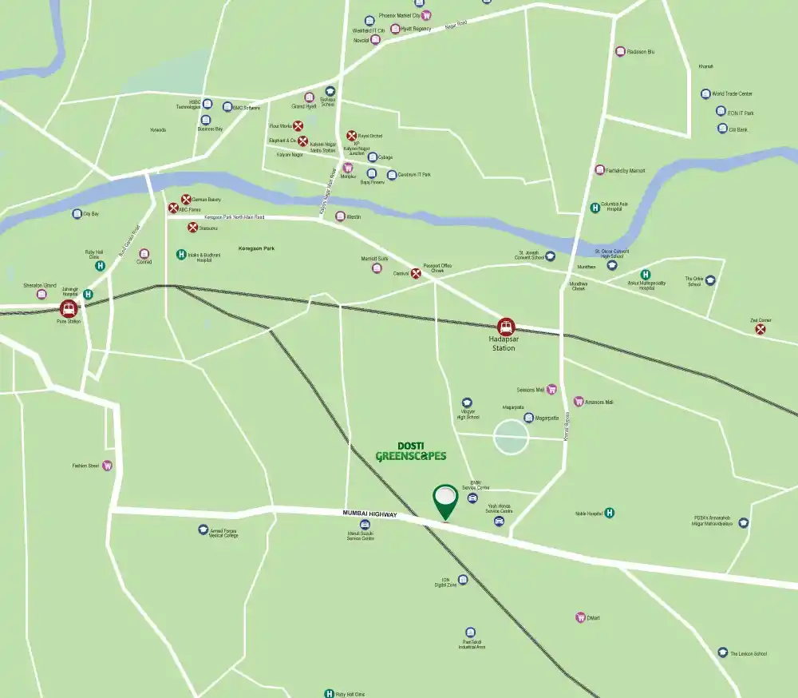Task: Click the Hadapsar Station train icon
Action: click(x=505, y=327)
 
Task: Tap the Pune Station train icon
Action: click(x=69, y=308)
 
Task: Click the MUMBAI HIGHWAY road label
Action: click(x=369, y=514)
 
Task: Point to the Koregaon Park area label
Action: click(x=256, y=249)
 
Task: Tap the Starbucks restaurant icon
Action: click(x=192, y=228)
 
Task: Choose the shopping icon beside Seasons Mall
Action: click(x=551, y=390)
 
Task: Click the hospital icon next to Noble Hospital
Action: click(x=610, y=513)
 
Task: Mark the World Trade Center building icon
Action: click(x=705, y=94)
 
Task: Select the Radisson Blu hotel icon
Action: click(x=620, y=52)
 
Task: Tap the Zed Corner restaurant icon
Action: click(x=760, y=327)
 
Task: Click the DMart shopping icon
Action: click(x=580, y=617)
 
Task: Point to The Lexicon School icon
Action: click(x=722, y=652)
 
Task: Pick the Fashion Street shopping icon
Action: click(x=107, y=466)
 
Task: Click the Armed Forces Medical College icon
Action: click(x=203, y=529)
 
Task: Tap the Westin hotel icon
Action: click(x=340, y=216)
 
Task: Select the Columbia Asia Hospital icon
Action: click(x=595, y=208)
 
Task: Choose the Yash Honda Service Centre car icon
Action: click(x=499, y=522)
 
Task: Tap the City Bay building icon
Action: click(x=77, y=214)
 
